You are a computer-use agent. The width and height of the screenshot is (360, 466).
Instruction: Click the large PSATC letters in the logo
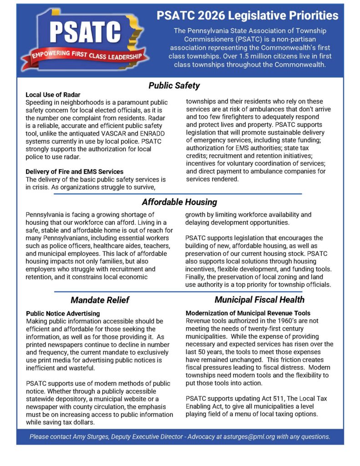[85, 32]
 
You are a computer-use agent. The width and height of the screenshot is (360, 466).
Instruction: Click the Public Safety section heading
[174, 86]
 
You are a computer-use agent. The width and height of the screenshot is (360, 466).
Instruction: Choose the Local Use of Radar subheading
[53, 95]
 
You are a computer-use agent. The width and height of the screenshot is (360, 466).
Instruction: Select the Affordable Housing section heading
[179, 202]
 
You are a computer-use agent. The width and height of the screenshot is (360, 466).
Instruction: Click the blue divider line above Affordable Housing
[177, 194]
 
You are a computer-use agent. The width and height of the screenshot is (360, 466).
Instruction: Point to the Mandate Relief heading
[100, 300]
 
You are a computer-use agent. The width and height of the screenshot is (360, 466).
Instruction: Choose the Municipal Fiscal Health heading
[259, 299]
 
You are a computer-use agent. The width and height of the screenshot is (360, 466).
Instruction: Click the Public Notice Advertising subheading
[63, 314]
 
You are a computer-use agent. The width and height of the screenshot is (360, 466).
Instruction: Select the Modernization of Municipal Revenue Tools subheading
[248, 313]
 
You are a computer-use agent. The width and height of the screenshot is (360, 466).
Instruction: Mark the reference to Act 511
[269, 399]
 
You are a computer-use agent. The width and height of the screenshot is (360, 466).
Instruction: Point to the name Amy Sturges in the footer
[91, 437]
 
